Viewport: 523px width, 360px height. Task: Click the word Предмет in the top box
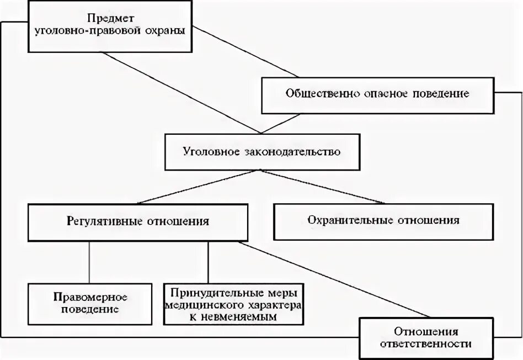[109, 18]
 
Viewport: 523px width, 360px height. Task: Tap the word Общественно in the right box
[316, 93]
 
